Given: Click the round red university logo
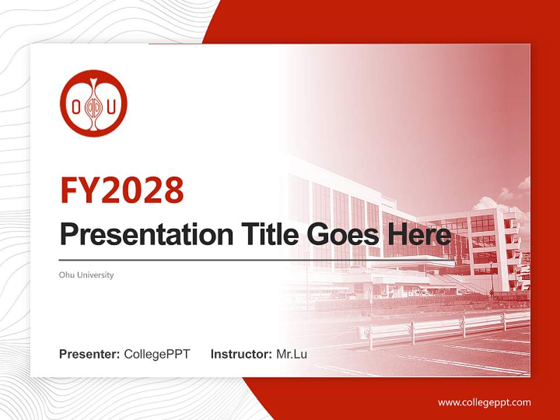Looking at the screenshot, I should [x=93, y=103].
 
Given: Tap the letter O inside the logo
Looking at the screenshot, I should [x=75, y=106].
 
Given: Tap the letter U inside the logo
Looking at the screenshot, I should [x=111, y=106].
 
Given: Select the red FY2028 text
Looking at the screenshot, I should [x=122, y=190].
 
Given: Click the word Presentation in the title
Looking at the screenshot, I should [x=138, y=235].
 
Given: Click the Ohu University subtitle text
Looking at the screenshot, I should [x=86, y=275].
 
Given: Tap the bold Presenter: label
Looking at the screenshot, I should [x=90, y=354].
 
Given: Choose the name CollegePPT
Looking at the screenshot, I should [x=157, y=354].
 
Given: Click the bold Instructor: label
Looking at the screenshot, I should [x=241, y=354].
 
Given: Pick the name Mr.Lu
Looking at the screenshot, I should [x=291, y=354].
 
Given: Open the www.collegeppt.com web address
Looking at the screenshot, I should [x=484, y=402].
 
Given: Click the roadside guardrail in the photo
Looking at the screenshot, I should [x=443, y=327].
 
